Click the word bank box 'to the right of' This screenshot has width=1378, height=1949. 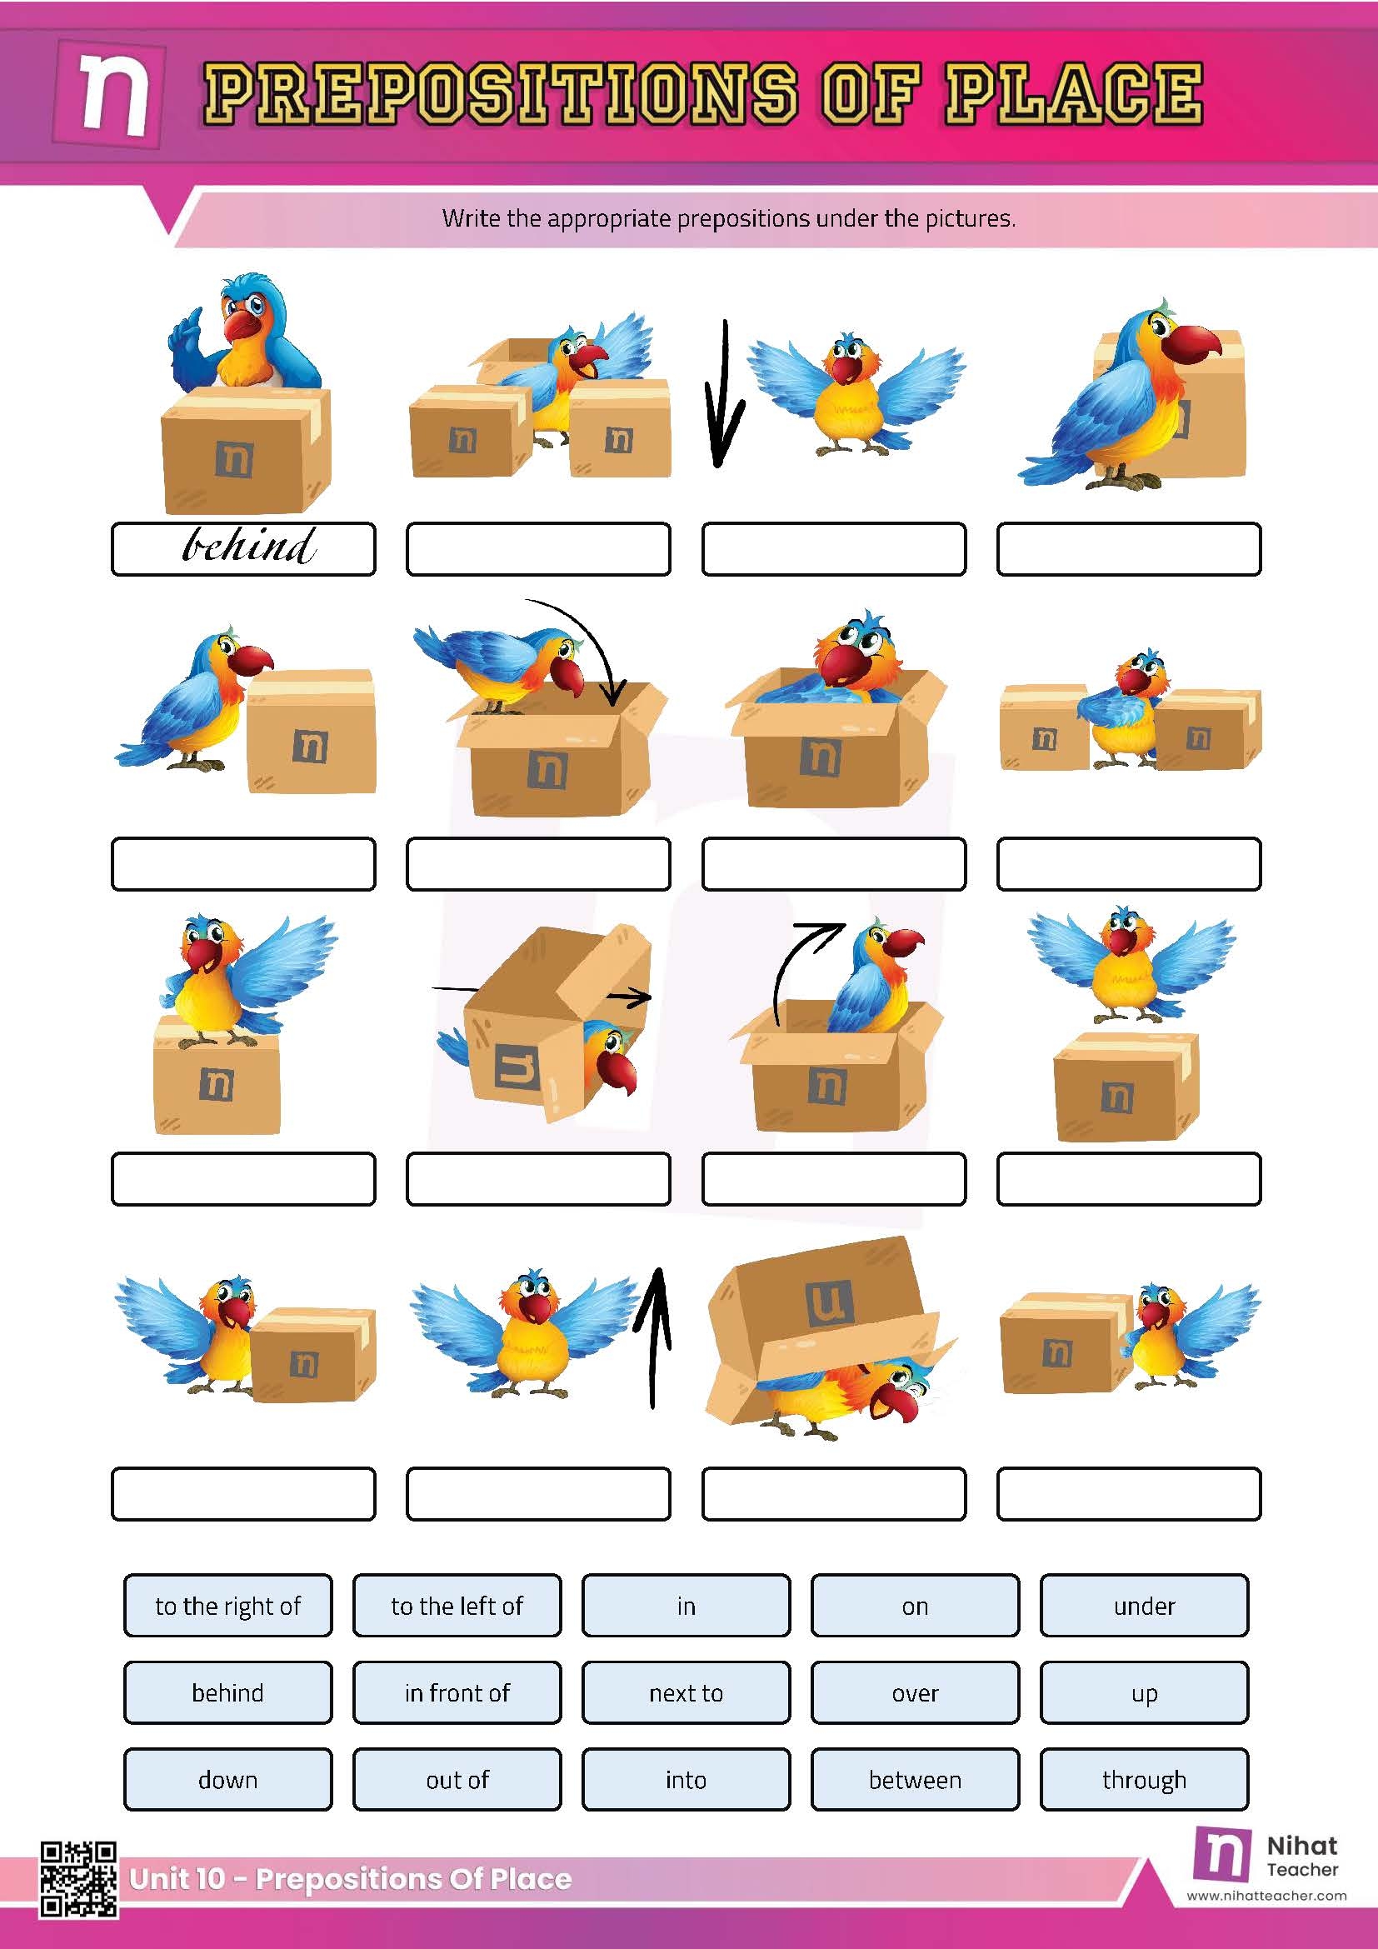coord(227,1605)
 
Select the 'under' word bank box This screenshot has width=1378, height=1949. coord(1144,1605)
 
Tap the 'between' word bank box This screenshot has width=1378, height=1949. coord(915,1779)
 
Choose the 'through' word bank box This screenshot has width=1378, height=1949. coord(1144,1779)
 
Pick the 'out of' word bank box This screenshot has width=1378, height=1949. coord(457,1779)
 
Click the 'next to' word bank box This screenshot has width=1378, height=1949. coord(686,1692)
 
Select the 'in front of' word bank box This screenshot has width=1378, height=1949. coord(457,1692)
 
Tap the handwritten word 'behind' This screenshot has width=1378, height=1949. coord(247,546)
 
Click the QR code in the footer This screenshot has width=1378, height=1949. coord(78,1879)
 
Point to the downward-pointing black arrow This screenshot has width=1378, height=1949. coord(723,395)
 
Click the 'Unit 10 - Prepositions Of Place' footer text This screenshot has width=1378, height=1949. coord(350,1878)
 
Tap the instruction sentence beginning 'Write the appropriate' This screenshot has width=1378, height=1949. coord(728,218)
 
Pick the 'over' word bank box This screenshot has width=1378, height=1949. coord(915,1692)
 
